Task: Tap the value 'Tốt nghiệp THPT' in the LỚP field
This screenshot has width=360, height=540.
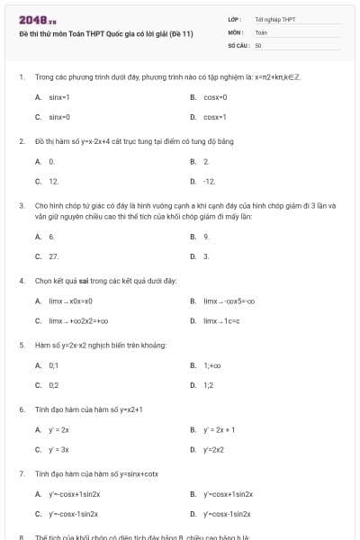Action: click(x=275, y=19)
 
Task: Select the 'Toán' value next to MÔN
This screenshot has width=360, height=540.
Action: click(x=262, y=31)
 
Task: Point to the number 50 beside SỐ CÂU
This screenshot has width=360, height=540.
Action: click(x=258, y=44)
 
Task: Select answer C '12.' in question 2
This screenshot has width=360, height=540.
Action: click(x=53, y=181)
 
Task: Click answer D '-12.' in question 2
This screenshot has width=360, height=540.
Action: click(x=210, y=181)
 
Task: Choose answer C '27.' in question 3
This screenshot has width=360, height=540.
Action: click(x=53, y=256)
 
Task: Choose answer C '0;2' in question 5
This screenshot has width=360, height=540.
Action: click(x=54, y=385)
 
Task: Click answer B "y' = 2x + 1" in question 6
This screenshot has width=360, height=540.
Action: click(x=220, y=429)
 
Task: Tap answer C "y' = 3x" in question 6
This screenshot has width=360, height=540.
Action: click(x=58, y=449)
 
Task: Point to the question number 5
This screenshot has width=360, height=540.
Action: click(x=21, y=345)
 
